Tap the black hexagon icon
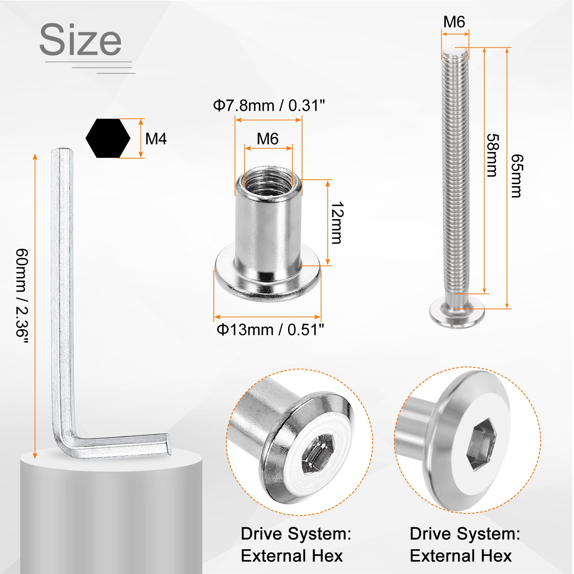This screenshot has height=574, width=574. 108,138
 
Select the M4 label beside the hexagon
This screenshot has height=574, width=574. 156,138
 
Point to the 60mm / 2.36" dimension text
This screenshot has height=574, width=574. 22,297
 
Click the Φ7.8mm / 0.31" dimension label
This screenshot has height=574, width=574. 269,105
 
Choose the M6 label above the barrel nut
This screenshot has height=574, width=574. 268,139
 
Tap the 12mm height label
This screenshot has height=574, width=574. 337,223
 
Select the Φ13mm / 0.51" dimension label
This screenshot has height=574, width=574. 270,329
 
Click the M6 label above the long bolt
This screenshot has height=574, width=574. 454,22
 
